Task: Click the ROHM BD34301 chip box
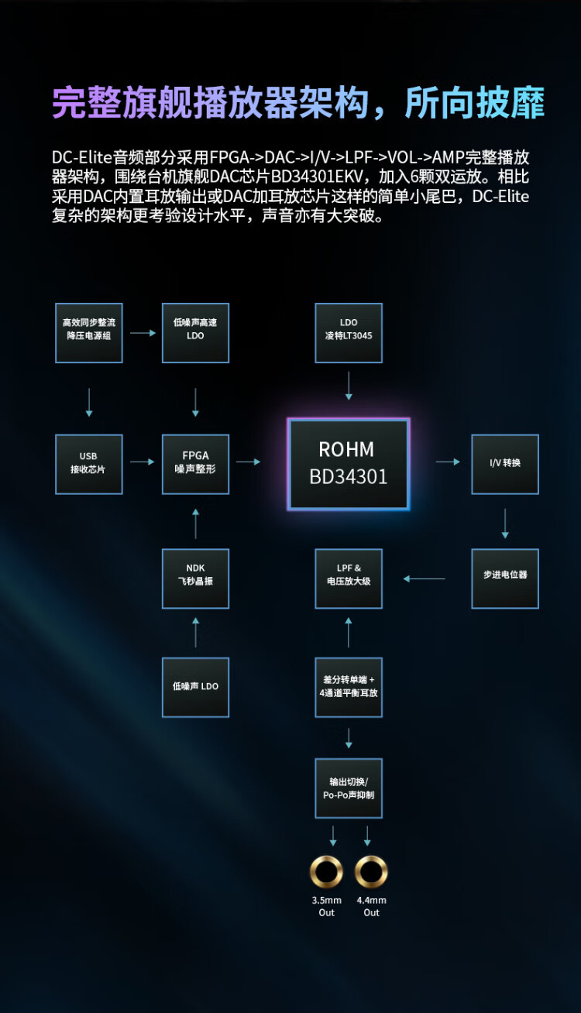pos(348,463)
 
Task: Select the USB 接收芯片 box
pos(89,463)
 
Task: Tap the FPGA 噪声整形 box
pos(195,463)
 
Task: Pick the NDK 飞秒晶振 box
pos(195,578)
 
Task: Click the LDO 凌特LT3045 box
pos(349,332)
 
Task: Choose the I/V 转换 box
pos(505,463)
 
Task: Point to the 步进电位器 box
pos(505,578)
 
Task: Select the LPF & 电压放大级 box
pos(349,578)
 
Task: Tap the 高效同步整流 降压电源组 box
pos(89,332)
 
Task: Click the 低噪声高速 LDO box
pos(195,332)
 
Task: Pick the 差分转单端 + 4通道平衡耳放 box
pos(349,686)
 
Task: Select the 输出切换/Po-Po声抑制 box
pos(349,788)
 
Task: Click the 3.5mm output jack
pos(326,872)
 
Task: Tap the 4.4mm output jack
pos(371,872)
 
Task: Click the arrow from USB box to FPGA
pos(143,462)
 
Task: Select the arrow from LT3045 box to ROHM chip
pos(349,386)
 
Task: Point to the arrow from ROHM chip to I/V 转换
pos(448,462)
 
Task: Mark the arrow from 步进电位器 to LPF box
pos(425,578)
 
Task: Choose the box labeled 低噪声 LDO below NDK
pos(195,686)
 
